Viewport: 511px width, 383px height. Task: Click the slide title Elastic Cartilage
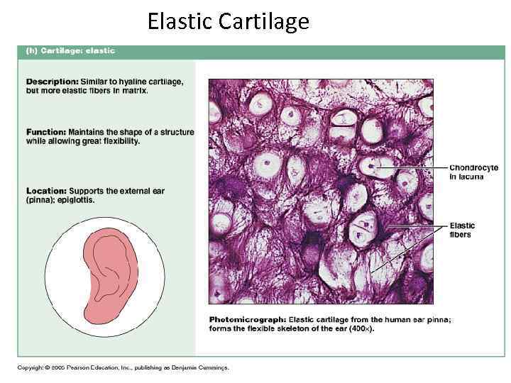[x=228, y=22]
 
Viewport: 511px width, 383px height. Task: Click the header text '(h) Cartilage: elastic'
[x=70, y=51]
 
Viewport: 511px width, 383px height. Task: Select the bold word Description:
[x=53, y=82]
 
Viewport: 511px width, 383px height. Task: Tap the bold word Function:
[x=47, y=132]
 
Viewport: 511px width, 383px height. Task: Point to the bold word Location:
[x=47, y=191]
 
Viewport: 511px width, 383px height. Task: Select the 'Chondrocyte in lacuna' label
[x=473, y=172]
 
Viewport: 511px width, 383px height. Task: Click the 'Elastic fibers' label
[x=463, y=230]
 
